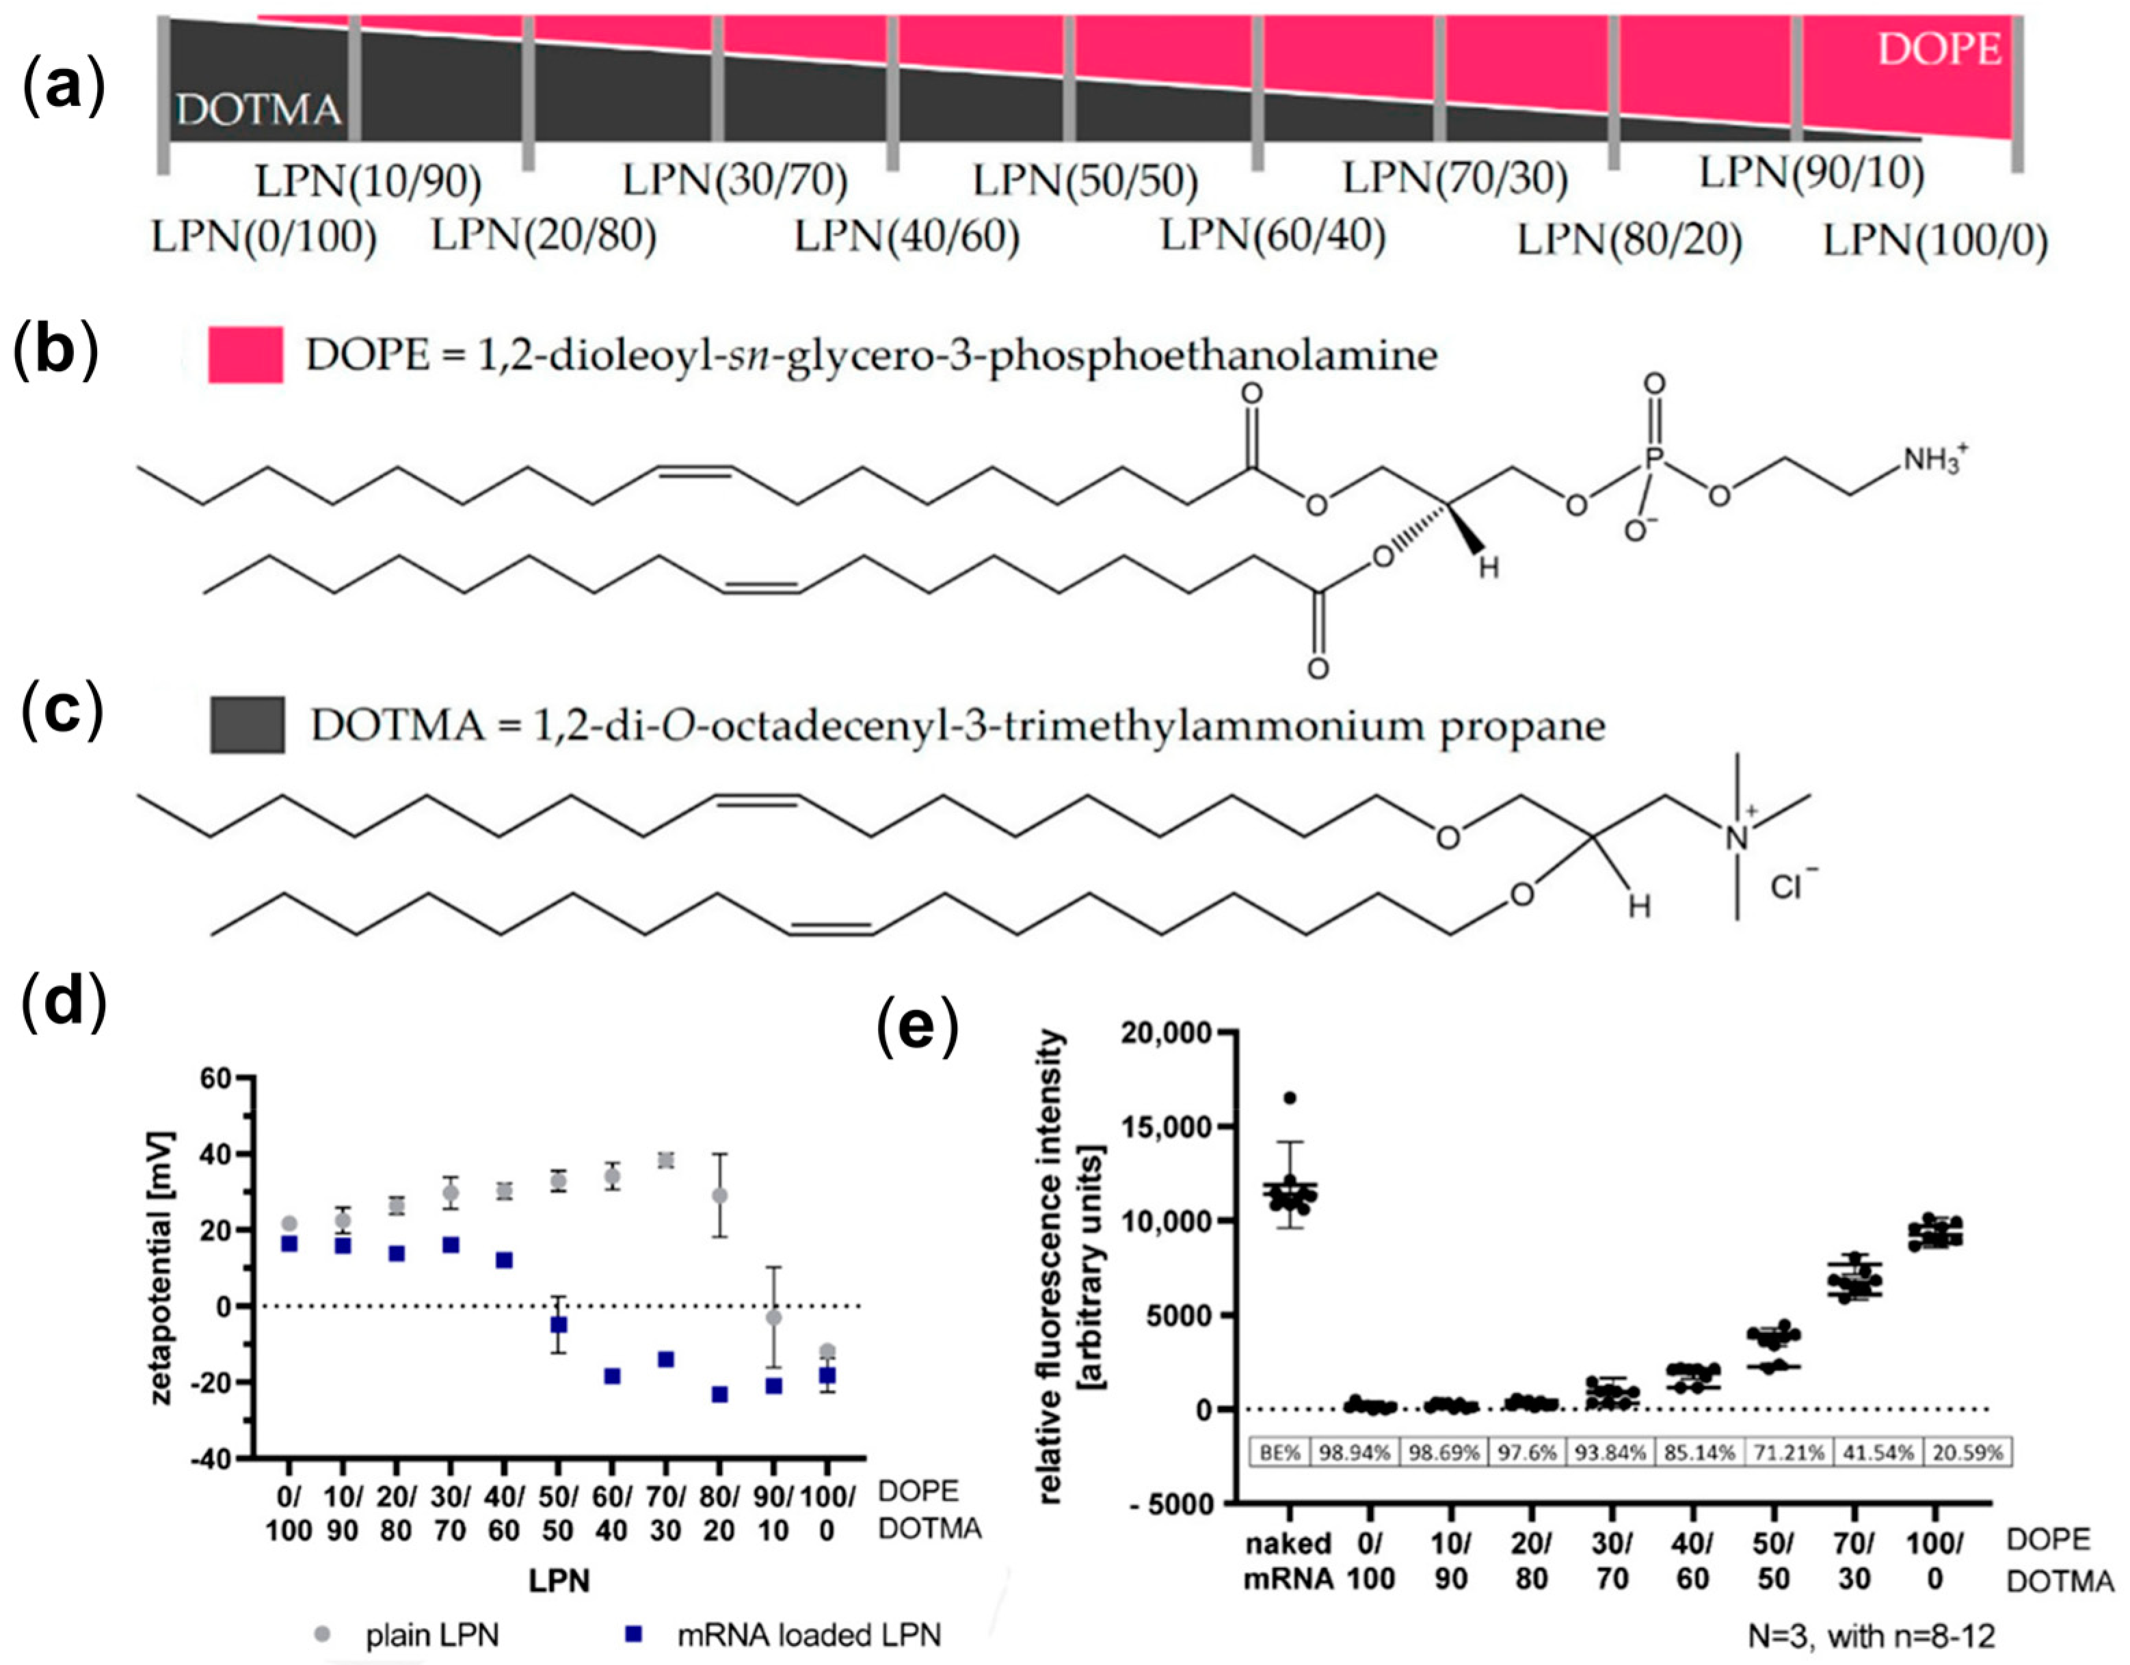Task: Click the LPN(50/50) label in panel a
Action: click(x=1085, y=180)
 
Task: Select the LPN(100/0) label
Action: click(x=1936, y=241)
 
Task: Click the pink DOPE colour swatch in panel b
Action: click(x=245, y=354)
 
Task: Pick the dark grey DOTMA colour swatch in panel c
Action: click(x=248, y=725)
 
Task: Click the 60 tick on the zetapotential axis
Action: click(x=215, y=1078)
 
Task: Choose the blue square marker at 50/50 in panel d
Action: click(x=559, y=1325)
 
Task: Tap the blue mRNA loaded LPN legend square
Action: click(x=635, y=1634)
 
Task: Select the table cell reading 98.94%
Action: click(x=1355, y=1452)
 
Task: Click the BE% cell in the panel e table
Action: click(x=1279, y=1452)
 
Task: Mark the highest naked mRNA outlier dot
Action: click(x=1290, y=1098)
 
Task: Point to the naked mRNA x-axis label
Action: click(x=1288, y=1560)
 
